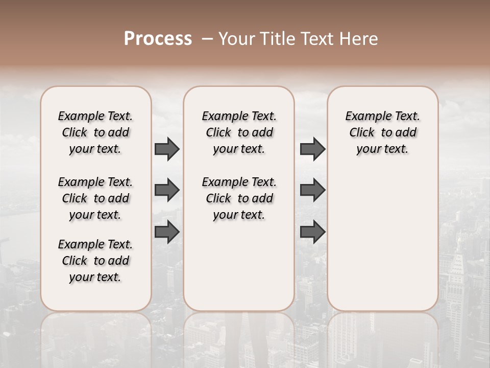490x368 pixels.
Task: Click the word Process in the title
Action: coord(158,39)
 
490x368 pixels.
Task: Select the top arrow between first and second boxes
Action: coord(167,149)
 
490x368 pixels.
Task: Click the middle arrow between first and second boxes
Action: coord(167,191)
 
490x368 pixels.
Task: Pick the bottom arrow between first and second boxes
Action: coord(167,233)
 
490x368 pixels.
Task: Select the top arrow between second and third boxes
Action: coord(312,149)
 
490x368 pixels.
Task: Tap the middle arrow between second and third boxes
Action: coord(312,191)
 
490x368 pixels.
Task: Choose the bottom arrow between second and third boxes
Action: coord(312,233)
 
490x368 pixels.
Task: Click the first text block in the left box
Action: coord(95,132)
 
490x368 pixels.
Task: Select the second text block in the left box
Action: coord(95,198)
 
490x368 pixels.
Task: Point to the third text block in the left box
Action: coord(95,261)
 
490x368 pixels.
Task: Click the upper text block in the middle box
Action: coord(239,132)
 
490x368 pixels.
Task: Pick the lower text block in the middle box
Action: coord(239,198)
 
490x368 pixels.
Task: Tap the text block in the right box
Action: coord(382,132)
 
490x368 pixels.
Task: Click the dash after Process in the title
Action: coord(207,39)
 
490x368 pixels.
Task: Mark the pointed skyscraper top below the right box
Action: coord(459,240)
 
